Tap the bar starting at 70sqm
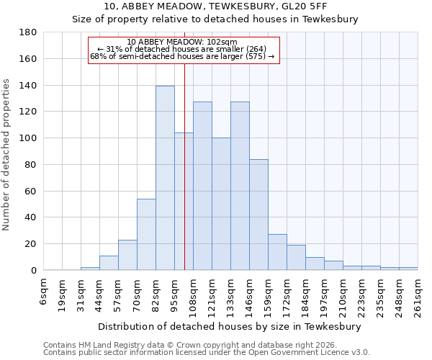pyautogui.click(x=146, y=234)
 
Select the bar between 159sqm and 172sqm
pyautogui.click(x=277, y=252)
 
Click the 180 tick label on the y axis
pyautogui.click(x=28, y=32)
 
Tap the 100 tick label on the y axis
pyautogui.click(x=28, y=138)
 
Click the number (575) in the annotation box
pyautogui.click(x=256, y=56)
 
